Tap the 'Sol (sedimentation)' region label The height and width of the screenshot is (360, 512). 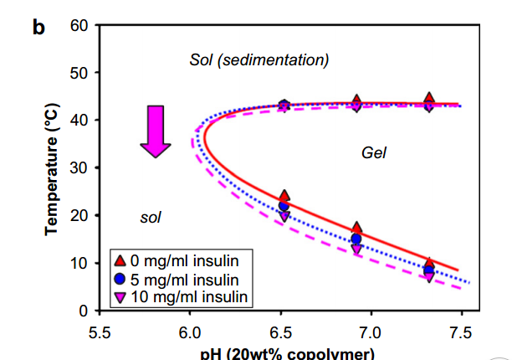pyautogui.click(x=259, y=59)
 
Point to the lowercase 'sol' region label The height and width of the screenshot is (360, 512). pyautogui.click(x=150, y=218)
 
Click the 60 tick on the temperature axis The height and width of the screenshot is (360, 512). pyautogui.click(x=79, y=25)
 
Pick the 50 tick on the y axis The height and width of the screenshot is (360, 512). pyautogui.click(x=79, y=73)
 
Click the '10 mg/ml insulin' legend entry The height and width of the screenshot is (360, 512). pyautogui.click(x=181, y=295)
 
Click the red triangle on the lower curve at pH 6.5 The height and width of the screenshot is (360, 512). pyautogui.click(x=284, y=197)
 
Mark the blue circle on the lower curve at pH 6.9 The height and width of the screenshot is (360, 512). pyautogui.click(x=356, y=239)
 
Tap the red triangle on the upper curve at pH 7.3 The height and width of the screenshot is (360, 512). pyautogui.click(x=429, y=99)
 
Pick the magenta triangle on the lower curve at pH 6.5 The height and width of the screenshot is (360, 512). pyautogui.click(x=284, y=216)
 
